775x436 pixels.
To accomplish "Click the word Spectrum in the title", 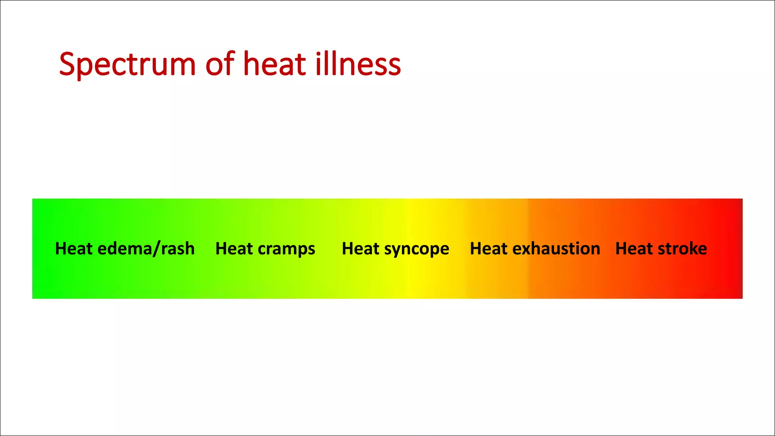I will click(x=127, y=64).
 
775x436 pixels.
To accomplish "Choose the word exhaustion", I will click(x=556, y=249).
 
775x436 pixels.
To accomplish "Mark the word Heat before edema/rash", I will click(x=74, y=249).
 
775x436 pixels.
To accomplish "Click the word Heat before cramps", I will click(x=234, y=249).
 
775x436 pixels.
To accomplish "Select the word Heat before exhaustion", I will click(x=489, y=249).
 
